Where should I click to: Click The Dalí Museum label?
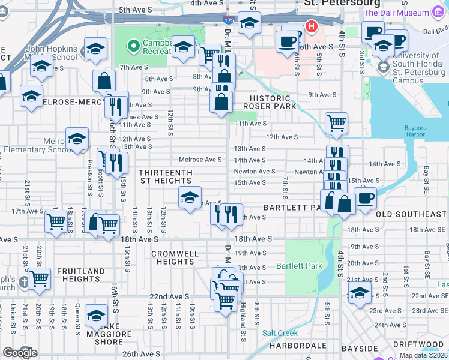[x=397, y=12]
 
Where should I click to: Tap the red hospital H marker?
[x=312, y=26]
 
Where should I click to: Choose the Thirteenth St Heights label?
[x=166, y=176]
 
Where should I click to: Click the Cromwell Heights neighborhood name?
[x=175, y=257]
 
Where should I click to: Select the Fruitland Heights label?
[x=81, y=275]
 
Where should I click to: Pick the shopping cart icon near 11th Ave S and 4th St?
[x=337, y=123]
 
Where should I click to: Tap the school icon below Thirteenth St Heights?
[x=190, y=197]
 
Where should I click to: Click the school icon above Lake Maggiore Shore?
[x=96, y=315]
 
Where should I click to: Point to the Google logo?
[x=20, y=353]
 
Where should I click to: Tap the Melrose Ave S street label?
[x=200, y=160]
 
